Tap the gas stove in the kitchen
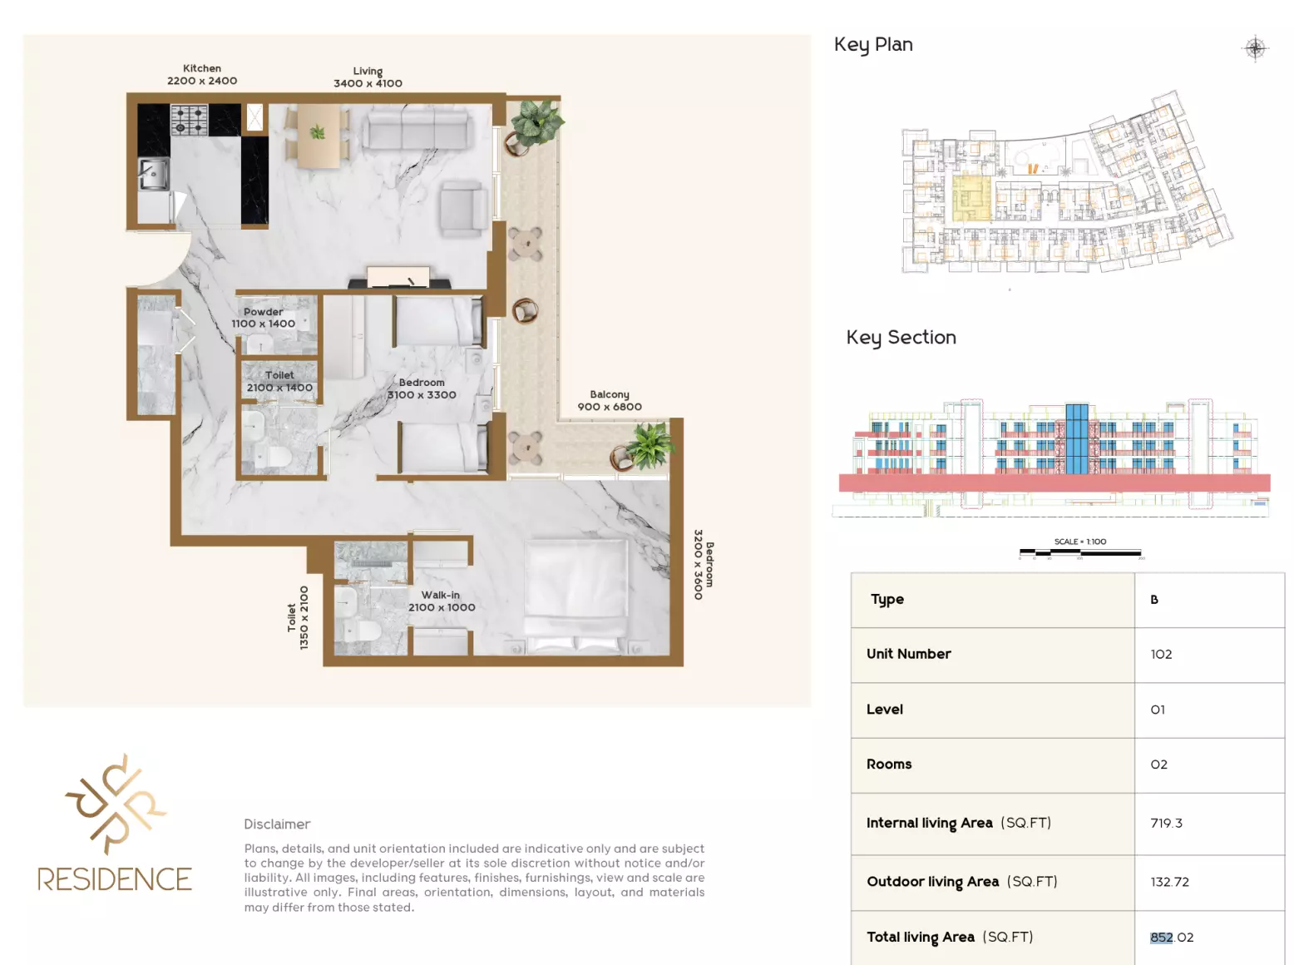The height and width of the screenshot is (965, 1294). pos(189,120)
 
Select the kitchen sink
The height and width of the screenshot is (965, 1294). pos(153,174)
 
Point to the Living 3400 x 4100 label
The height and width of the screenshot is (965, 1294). pos(368,77)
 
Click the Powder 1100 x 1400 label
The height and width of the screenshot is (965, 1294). pos(263,318)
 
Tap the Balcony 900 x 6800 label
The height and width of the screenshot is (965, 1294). pos(610,400)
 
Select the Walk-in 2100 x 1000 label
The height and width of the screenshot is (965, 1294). pos(442,601)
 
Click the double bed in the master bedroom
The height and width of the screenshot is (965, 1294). pos(575,596)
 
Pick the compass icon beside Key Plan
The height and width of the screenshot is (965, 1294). pos(1255,47)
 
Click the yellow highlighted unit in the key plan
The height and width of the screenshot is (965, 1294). pos(971,198)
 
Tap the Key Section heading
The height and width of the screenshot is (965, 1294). pos(901,338)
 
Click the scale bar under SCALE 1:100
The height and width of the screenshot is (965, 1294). pos(1080,552)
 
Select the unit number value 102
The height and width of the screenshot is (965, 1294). pos(1161,654)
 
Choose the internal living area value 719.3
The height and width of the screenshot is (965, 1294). pos(1166,823)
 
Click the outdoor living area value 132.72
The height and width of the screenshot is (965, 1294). pos(1169,882)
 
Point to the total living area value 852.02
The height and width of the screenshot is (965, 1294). pos(1172,938)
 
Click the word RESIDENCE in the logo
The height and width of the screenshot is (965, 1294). pos(115,879)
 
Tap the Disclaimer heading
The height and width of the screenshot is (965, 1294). pos(277,824)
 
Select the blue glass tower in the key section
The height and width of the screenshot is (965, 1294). pos(1076,438)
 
